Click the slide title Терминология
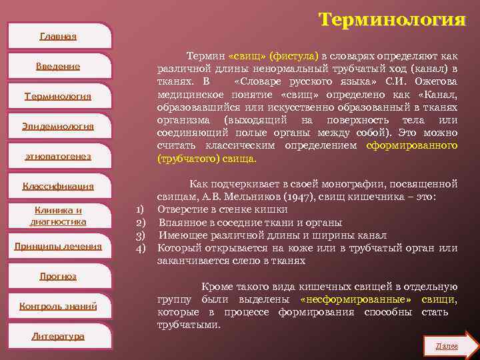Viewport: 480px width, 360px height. (391, 20)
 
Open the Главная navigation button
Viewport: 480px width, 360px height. (58, 36)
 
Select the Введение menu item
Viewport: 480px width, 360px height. (58, 66)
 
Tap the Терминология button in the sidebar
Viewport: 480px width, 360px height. (58, 96)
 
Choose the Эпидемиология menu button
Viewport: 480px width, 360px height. (58, 126)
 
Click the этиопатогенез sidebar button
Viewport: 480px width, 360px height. (58, 156)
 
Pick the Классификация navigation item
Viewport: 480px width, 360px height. (58, 186)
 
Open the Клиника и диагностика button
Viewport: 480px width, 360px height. (58, 216)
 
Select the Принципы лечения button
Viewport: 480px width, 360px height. (58, 247)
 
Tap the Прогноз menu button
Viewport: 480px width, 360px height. (58, 276)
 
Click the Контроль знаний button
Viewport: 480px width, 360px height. (58, 306)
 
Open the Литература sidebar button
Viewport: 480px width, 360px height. (58, 336)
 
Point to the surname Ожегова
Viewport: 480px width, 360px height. (436, 81)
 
